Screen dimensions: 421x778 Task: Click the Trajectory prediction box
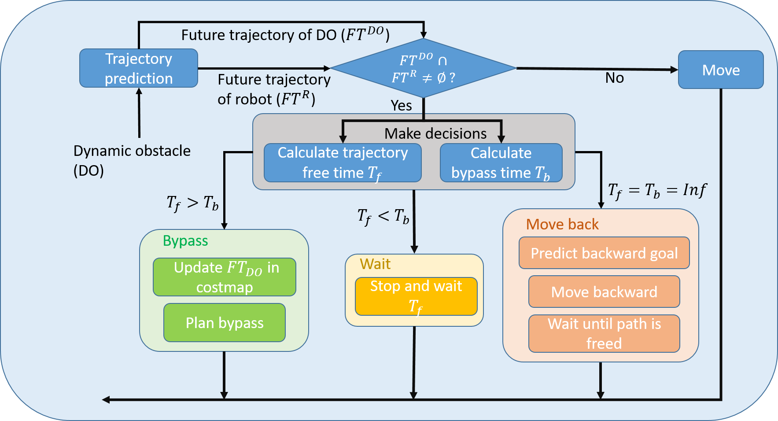tap(139, 68)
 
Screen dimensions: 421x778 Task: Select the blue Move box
tap(721, 70)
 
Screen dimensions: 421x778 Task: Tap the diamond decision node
tap(423, 68)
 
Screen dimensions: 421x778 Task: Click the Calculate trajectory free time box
tap(343, 162)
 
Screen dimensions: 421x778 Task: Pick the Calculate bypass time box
tap(501, 162)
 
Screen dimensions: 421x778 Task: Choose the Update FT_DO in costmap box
tap(225, 277)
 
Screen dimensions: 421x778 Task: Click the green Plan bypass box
tap(225, 323)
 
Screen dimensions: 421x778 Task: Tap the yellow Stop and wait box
tap(416, 296)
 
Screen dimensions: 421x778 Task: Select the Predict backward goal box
tap(604, 253)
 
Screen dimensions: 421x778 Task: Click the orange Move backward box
tap(604, 292)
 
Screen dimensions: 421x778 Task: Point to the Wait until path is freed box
tap(604, 333)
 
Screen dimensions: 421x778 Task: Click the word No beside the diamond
tap(614, 78)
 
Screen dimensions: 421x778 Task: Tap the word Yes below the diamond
tap(401, 106)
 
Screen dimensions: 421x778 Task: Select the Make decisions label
tap(435, 133)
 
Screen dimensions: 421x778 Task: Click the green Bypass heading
tap(185, 241)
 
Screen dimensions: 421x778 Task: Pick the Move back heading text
tap(562, 225)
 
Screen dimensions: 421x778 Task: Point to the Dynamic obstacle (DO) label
tap(132, 160)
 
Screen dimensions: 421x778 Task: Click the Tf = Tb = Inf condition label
tap(657, 190)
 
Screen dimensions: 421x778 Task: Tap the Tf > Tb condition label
tap(192, 203)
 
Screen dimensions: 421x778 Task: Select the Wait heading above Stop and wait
tap(375, 264)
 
